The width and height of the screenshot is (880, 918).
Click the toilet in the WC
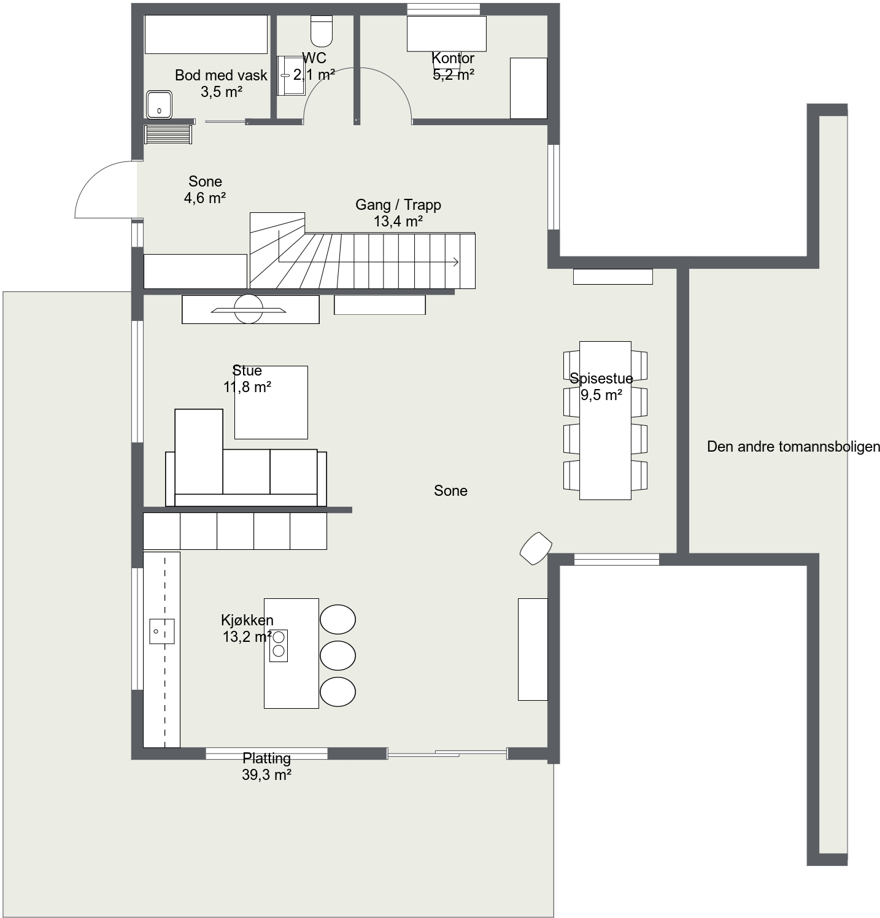click(322, 31)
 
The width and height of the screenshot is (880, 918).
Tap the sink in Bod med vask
click(160, 104)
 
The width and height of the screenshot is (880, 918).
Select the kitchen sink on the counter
click(162, 631)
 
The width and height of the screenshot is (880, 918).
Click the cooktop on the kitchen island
click(279, 646)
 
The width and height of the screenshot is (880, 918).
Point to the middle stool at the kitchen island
click(338, 655)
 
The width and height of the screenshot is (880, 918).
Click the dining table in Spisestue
click(605, 420)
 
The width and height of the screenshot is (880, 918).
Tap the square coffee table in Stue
click(271, 403)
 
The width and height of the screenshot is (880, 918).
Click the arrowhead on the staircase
click(456, 263)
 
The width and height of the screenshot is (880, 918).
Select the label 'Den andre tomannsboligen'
click(793, 447)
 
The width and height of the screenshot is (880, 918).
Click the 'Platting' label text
click(266, 758)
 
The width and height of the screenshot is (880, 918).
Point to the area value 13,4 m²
click(398, 222)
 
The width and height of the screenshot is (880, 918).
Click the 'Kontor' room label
click(453, 58)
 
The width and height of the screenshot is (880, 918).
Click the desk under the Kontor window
click(447, 33)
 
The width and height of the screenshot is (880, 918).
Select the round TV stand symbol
click(249, 309)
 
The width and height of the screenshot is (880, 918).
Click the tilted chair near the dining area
click(536, 548)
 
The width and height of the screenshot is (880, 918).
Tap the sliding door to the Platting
click(447, 752)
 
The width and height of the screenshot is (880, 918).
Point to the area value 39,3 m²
click(266, 775)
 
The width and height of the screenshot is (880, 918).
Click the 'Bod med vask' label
click(221, 75)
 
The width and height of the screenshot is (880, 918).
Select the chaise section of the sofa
click(199, 451)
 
